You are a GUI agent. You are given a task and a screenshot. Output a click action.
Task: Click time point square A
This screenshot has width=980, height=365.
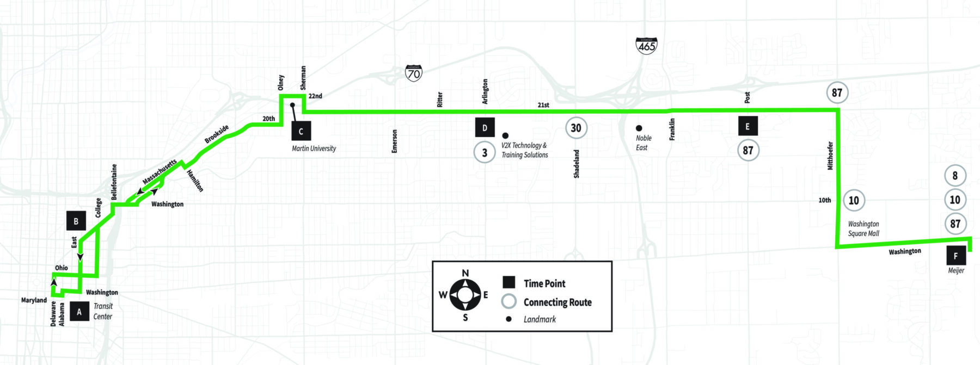[79, 312]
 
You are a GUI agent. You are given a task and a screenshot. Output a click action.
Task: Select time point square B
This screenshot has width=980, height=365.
[76, 221]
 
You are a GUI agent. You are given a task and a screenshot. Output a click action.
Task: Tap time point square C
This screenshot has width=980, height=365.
[301, 131]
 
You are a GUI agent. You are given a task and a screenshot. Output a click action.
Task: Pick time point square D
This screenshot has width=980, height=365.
[485, 127]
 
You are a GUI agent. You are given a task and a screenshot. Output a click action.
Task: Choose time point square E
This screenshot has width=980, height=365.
[748, 126]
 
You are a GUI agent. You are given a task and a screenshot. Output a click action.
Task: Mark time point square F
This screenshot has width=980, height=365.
[956, 256]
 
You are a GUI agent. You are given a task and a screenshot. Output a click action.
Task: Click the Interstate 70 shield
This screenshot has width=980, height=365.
[414, 73]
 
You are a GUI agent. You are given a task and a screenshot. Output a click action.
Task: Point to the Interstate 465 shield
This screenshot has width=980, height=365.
[646, 45]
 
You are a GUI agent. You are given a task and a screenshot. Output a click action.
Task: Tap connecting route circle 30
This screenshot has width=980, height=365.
[576, 128]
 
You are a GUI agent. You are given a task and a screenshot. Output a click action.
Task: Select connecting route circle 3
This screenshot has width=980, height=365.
[485, 153]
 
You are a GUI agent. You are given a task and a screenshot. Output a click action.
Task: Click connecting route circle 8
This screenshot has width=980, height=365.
[955, 176]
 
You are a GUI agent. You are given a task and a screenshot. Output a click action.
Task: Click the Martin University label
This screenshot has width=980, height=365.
[314, 149]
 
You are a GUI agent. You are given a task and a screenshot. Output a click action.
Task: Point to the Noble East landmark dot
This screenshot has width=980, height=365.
[639, 128]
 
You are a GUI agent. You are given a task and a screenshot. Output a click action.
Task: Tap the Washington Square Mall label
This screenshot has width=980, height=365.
[863, 228]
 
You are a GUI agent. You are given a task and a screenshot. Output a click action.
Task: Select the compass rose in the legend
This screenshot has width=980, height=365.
[465, 295]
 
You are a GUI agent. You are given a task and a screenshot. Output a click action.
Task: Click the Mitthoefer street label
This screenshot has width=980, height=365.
[830, 156]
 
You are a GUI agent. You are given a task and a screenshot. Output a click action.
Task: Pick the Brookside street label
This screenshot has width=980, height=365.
[217, 134]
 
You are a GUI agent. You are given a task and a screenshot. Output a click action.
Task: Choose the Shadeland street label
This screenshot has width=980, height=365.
[577, 164]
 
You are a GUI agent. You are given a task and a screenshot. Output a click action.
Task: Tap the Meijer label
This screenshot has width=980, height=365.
[956, 270]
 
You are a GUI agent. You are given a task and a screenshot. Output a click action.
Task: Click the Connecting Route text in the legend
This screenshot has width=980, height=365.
[558, 302]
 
